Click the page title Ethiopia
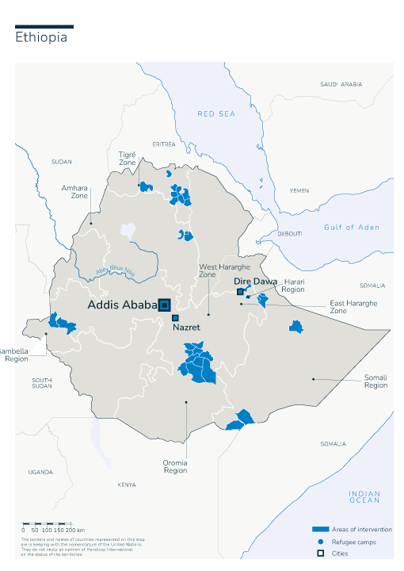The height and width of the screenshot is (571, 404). point(41,39)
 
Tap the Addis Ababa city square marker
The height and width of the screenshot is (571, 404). point(165,305)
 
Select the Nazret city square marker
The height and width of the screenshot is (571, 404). point(175,318)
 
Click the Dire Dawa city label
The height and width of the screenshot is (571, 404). point(255,282)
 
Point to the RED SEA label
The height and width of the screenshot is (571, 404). point(216,114)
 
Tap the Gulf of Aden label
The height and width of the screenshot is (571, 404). point(351,228)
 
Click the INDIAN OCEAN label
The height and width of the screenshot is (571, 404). point(364,497)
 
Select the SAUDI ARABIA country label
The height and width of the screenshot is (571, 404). point(341,84)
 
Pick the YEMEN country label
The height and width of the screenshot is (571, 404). point(299,190)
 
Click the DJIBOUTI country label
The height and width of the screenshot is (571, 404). point(290,234)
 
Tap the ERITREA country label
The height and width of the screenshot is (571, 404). point(164,144)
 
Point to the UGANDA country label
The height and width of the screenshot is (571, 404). point(40,472)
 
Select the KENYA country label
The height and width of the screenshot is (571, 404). point(126,485)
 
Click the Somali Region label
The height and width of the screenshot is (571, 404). point(375,382)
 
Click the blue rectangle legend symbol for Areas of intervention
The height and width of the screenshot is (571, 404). point(320,529)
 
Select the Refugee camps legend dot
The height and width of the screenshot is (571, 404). point(320,542)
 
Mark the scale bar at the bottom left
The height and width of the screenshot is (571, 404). point(48,523)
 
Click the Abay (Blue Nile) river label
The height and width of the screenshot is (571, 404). point(116,271)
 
